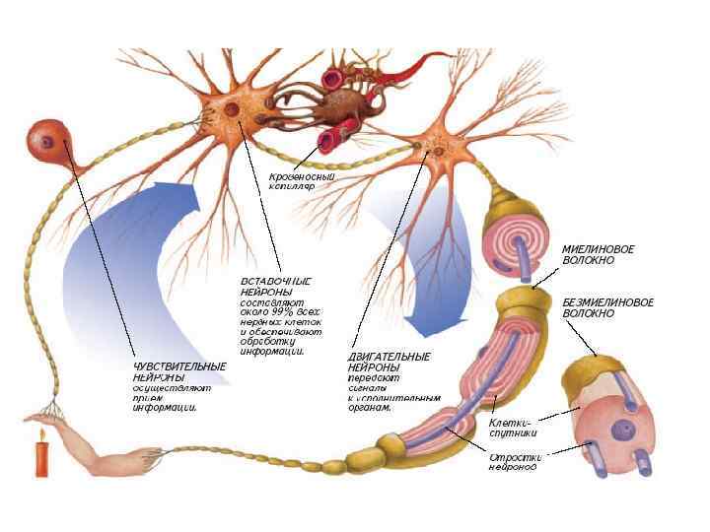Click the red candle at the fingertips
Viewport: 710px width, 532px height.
point(41,457)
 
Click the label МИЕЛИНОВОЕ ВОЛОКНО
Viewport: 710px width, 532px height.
point(598,255)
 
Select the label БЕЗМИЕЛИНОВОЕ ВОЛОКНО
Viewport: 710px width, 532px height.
point(607,307)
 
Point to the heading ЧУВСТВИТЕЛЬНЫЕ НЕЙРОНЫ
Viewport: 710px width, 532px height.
point(179,371)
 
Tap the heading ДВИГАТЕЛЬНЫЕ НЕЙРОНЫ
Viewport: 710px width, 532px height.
point(390,362)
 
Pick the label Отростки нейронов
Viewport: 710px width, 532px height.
point(513,462)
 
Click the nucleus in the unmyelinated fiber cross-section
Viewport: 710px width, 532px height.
point(622,430)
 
